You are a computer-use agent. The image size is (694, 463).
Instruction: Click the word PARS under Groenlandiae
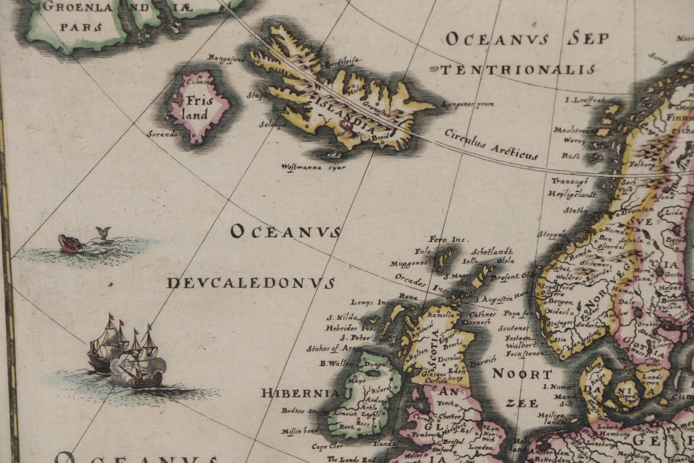pos(81,27)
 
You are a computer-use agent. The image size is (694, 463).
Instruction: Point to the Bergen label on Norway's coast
pos(561,302)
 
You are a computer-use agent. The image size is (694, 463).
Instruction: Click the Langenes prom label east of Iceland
pos(468,104)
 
